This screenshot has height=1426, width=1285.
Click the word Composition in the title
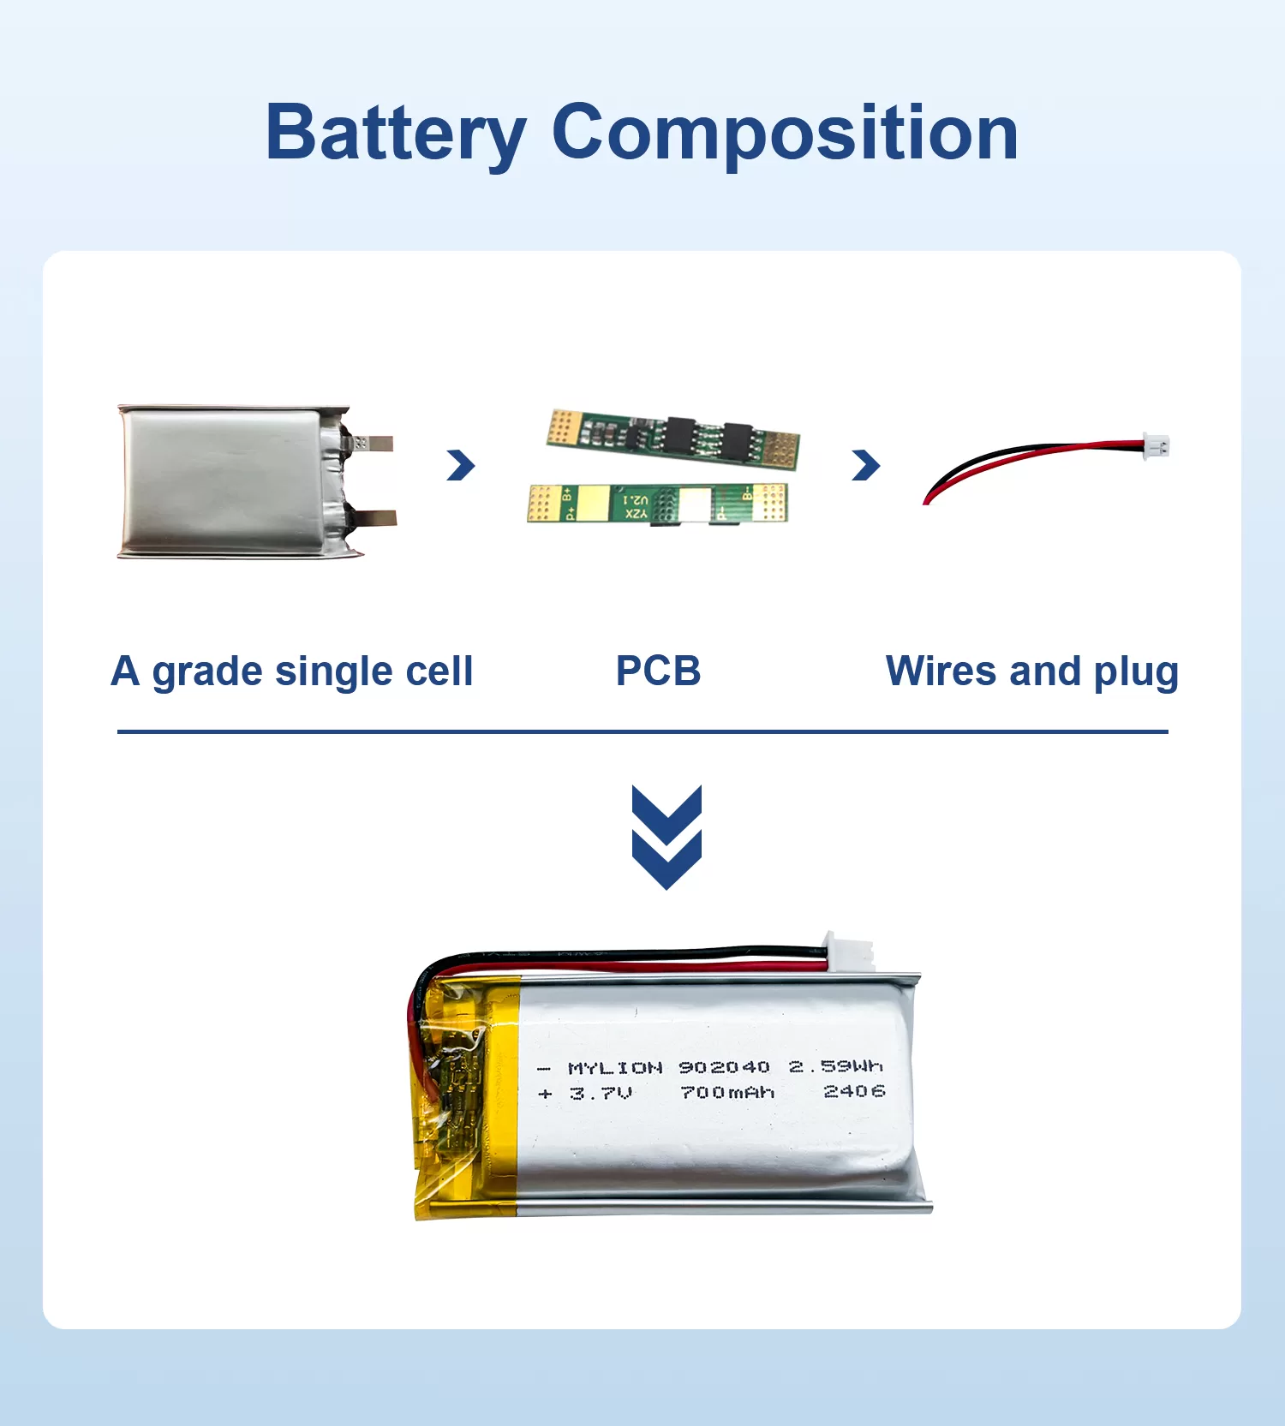[x=785, y=134]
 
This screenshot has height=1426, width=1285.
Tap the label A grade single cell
[x=291, y=671]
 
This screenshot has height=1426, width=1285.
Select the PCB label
[x=658, y=671]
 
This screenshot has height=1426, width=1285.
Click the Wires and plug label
[x=1031, y=671]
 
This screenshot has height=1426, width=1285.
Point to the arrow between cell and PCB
[x=460, y=465]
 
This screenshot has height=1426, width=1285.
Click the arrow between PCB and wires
[x=865, y=465]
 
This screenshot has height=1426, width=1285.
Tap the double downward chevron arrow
[x=666, y=837]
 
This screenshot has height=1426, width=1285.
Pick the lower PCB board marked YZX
[x=657, y=504]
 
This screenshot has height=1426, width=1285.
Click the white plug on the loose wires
[x=1156, y=446]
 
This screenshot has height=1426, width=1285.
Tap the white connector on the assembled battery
[x=848, y=952]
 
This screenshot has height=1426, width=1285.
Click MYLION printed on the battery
[x=615, y=1068]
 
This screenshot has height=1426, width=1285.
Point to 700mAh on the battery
[x=726, y=1093]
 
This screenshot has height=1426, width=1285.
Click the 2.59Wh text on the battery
[x=835, y=1066]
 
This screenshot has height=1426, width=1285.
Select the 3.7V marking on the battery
[x=601, y=1094]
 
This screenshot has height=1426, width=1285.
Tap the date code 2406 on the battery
[x=853, y=1091]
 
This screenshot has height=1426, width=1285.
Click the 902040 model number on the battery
[x=724, y=1067]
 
